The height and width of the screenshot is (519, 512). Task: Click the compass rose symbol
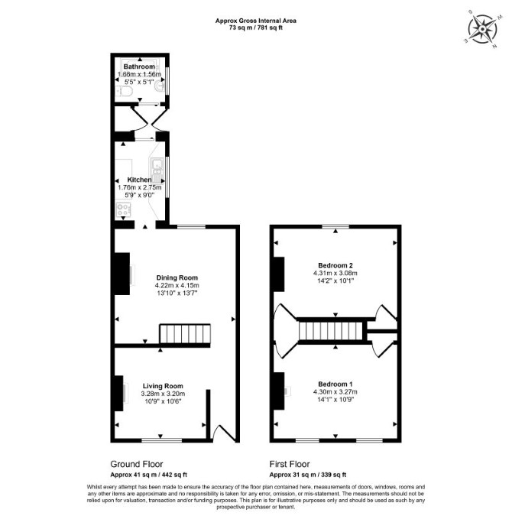[482, 30]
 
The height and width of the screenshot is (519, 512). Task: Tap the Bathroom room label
[139, 66]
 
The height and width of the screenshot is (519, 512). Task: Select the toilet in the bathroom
[125, 91]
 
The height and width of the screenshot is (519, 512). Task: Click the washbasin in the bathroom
[159, 86]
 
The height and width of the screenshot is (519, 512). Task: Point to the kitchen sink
[157, 170]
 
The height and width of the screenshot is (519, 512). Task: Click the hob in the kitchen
[123, 209]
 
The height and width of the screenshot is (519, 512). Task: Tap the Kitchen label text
[139, 180]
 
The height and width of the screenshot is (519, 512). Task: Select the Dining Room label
[177, 277]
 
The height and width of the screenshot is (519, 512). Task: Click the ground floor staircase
[185, 334]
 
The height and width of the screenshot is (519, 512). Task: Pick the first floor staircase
[332, 331]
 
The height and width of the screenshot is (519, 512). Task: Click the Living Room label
[163, 386]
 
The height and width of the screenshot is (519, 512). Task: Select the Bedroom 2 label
[335, 265]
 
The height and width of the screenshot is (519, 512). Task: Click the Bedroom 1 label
[335, 384]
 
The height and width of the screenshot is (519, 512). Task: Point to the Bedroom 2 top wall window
[335, 226]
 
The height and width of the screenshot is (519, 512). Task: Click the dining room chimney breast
[122, 274]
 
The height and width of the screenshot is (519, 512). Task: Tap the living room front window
[162, 440]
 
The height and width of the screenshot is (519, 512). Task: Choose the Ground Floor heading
[137, 464]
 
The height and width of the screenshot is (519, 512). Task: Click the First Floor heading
[290, 464]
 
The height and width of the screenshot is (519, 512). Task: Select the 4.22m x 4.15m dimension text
[177, 285]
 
